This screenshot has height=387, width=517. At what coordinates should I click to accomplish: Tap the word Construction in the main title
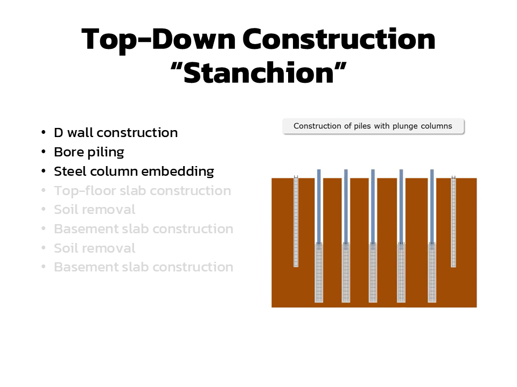click(339, 39)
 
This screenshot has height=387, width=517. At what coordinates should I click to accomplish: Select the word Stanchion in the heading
click(259, 73)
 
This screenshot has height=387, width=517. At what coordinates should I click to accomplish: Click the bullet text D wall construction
click(116, 133)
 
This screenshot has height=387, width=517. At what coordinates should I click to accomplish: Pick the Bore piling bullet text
click(89, 152)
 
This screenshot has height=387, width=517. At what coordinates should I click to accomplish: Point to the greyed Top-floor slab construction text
click(142, 191)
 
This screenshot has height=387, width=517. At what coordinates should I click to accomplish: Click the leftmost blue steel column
click(319, 206)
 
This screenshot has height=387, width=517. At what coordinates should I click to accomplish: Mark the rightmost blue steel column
click(432, 206)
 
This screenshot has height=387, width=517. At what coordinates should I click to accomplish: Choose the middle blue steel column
click(373, 206)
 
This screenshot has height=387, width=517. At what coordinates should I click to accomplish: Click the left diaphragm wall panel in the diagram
click(296, 221)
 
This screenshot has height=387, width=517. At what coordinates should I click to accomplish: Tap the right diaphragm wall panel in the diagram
click(453, 221)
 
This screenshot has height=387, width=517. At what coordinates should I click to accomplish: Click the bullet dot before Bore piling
click(44, 152)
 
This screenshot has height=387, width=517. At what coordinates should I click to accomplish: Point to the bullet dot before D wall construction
click(44, 132)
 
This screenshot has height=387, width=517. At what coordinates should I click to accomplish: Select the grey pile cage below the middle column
click(373, 273)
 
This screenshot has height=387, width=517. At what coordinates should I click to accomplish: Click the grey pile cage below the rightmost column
click(432, 273)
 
